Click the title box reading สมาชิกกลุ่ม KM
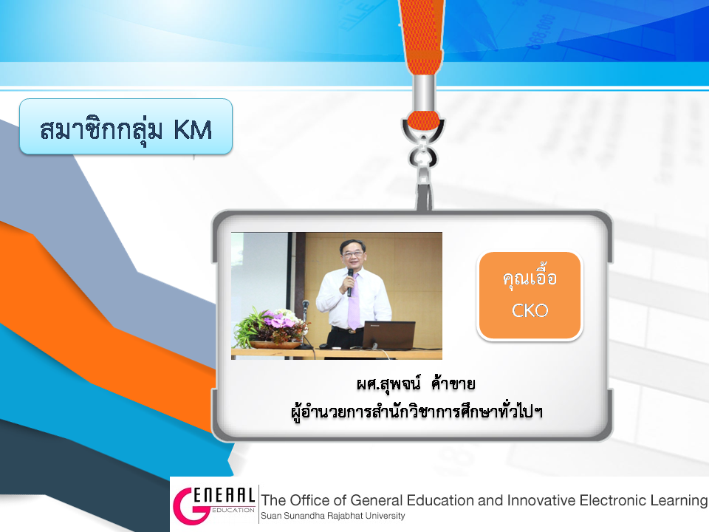[126, 126]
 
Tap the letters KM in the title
[193, 130]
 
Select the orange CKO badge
[530, 296]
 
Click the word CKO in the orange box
[530, 311]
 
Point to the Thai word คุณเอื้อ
[530, 277]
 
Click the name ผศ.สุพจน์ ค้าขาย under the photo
[416, 383]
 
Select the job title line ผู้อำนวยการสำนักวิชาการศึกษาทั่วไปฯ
[417, 412]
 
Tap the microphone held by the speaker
[349, 282]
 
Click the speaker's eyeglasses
[352, 253]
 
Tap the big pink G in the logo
[191, 505]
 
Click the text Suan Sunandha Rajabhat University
[333, 516]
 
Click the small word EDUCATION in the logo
[233, 510]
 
